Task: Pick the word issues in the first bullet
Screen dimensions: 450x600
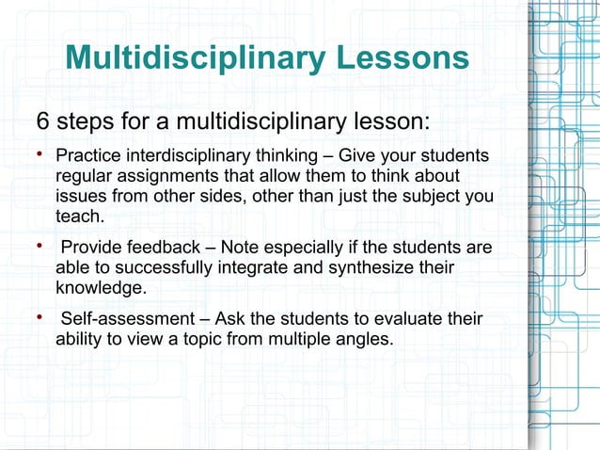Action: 79,196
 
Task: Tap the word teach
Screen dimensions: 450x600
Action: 81,217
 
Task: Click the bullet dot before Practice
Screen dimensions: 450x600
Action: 39,154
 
